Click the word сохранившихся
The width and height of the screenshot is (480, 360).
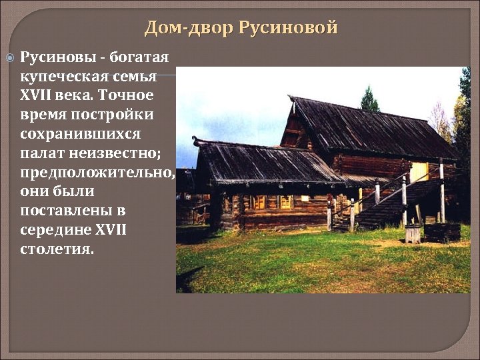pos(80,134)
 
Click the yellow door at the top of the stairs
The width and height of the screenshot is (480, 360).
pos(419,173)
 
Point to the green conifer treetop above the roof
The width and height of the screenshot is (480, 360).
pos(369,100)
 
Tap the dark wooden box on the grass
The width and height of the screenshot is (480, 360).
pos(442,232)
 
